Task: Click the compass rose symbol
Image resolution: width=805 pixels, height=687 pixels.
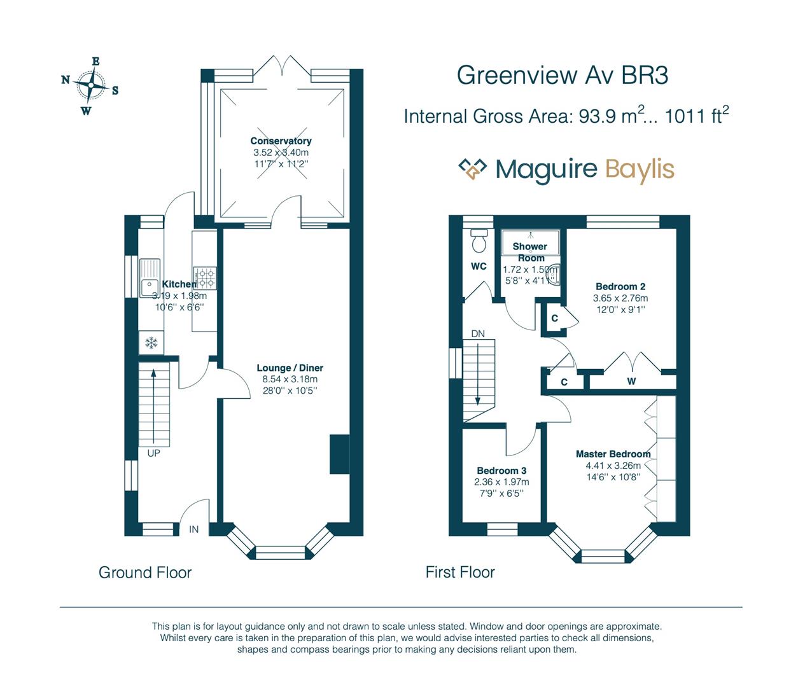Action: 90,85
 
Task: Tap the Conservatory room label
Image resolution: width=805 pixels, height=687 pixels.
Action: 281,141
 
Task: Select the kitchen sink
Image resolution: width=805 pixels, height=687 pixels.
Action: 150,278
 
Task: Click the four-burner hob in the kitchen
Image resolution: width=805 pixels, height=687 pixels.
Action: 205,279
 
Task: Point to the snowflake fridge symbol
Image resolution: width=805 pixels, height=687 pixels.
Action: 151,343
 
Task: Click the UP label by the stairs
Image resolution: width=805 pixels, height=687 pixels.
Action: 153,453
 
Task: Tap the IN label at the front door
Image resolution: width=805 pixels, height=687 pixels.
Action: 193,529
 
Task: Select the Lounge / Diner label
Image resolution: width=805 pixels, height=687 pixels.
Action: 290,368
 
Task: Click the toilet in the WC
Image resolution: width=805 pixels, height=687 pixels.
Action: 479,241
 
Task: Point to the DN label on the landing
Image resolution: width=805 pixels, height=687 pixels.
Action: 478,333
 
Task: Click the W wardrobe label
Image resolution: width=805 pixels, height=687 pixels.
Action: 631,382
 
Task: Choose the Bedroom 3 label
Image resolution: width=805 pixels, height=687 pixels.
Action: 501,471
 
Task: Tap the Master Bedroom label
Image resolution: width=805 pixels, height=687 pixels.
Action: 613,454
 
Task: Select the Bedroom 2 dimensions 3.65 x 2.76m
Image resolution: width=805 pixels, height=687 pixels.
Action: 620,298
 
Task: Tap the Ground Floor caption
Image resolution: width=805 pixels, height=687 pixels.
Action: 145,572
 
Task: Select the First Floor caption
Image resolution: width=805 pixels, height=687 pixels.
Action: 460,572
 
